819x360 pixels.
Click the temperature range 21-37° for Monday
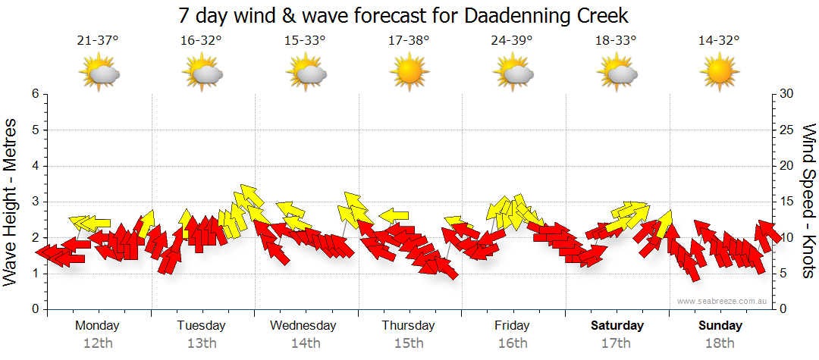98,41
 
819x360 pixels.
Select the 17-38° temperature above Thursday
409,41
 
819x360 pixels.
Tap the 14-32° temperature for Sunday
719,41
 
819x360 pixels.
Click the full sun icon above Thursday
409,74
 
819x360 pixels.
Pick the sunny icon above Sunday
719,74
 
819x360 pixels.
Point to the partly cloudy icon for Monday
99,74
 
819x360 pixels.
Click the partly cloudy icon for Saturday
617,74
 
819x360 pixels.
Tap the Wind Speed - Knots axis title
808,201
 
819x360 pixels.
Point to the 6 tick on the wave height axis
34,94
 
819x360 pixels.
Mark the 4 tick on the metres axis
34,166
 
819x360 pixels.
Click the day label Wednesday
303,326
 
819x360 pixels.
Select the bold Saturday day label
617,326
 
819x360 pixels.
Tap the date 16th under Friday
513,343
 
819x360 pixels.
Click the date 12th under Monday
97,343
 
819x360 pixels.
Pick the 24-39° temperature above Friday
512,41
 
